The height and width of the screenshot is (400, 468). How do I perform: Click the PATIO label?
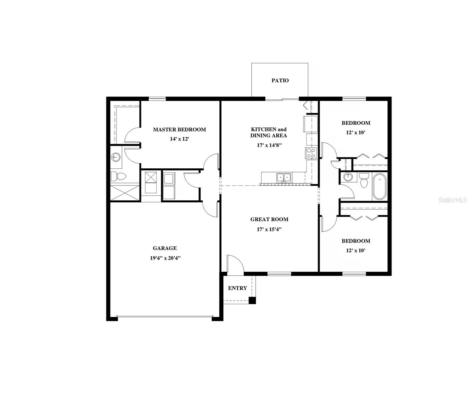(x=280, y=80)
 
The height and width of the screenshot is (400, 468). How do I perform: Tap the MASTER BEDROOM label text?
(x=179, y=129)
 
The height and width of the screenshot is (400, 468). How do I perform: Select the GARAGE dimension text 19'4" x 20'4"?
(x=165, y=258)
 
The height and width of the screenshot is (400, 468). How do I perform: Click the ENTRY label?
(x=237, y=288)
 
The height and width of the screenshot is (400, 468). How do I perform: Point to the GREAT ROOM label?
(x=269, y=219)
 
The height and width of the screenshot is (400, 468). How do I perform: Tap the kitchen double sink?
(x=284, y=177)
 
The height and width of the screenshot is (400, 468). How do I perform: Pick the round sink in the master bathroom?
(x=116, y=157)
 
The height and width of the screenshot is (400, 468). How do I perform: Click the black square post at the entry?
(x=253, y=300)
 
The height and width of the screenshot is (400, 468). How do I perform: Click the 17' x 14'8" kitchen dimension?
(x=269, y=145)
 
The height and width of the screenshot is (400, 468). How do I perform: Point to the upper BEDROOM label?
(x=356, y=123)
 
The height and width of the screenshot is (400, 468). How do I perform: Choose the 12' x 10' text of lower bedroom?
(x=356, y=250)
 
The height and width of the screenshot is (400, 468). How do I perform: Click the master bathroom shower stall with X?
(x=124, y=193)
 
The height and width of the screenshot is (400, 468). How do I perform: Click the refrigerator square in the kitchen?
(x=310, y=124)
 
